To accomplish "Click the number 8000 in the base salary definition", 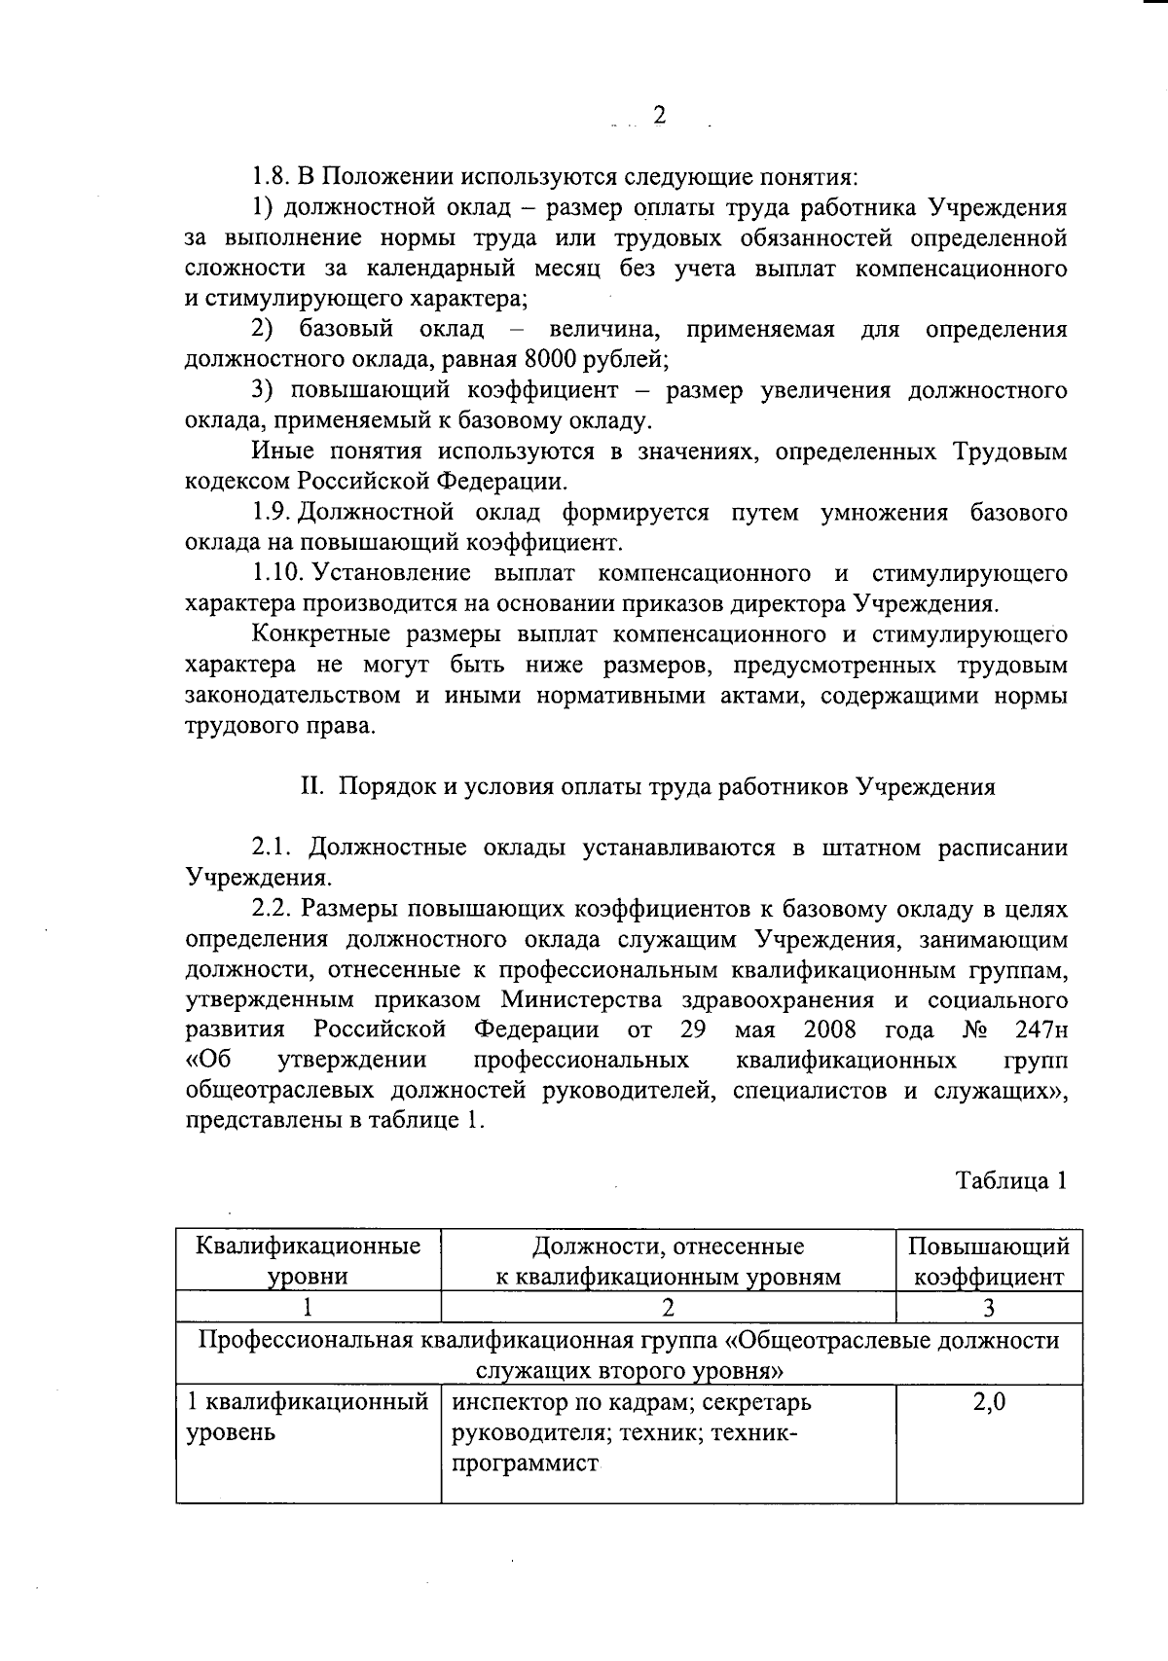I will point(550,360).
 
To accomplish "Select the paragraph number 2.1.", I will point(274,848).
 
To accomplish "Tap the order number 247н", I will point(1040,1029).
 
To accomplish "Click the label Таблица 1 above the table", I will point(1011,1180).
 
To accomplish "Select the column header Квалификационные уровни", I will point(309,1261).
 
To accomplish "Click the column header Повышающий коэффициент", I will point(988,1261).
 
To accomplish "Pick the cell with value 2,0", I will point(988,1403).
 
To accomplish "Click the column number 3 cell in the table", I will point(988,1308).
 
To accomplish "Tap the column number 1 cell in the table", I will point(309,1308).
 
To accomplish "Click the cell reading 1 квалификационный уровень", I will point(307,1418).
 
